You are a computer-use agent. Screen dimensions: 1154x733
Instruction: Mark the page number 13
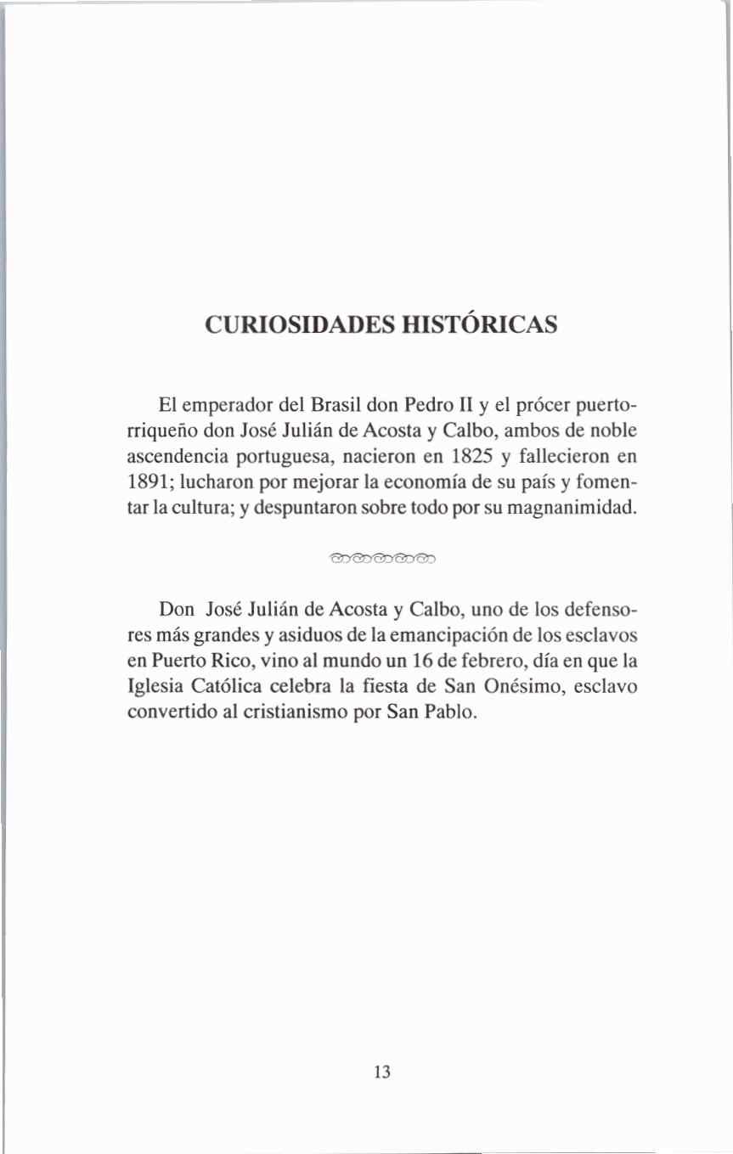(381, 1071)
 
